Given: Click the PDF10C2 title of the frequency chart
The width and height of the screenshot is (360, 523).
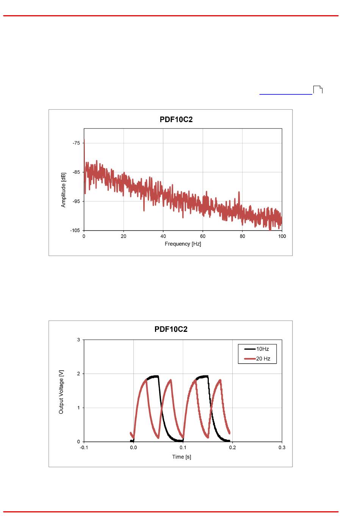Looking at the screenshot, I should click(x=176, y=119).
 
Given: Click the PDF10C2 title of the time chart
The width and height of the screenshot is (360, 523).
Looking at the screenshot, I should click(x=171, y=329).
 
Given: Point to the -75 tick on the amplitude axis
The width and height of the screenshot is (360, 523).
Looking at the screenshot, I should click(x=76, y=143).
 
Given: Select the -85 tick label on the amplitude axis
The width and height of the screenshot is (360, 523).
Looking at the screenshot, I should click(x=76, y=172).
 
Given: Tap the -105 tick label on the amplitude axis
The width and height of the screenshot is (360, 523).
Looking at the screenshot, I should click(x=75, y=230).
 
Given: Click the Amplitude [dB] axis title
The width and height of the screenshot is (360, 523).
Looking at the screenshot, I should click(x=63, y=190).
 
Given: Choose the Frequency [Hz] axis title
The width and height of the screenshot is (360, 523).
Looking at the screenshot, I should click(x=183, y=244).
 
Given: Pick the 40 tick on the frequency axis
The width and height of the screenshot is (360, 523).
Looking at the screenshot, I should click(x=163, y=236).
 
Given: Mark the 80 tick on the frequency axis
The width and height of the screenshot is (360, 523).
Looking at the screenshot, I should click(x=242, y=236).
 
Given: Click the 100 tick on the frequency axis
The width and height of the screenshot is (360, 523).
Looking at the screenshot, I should click(x=282, y=236).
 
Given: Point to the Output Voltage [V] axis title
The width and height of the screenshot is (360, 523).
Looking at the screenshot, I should click(x=61, y=391).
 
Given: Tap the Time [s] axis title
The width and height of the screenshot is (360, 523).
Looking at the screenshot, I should click(x=182, y=457).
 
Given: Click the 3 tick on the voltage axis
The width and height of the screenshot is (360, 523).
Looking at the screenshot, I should click(x=79, y=340).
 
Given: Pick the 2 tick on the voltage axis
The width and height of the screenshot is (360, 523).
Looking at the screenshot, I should click(x=79, y=374).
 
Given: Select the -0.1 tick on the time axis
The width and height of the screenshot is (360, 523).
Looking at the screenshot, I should click(x=84, y=448).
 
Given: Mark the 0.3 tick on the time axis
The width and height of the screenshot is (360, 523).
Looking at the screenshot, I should click(x=282, y=448).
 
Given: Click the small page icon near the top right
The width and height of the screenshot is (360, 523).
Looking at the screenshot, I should click(x=318, y=90).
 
